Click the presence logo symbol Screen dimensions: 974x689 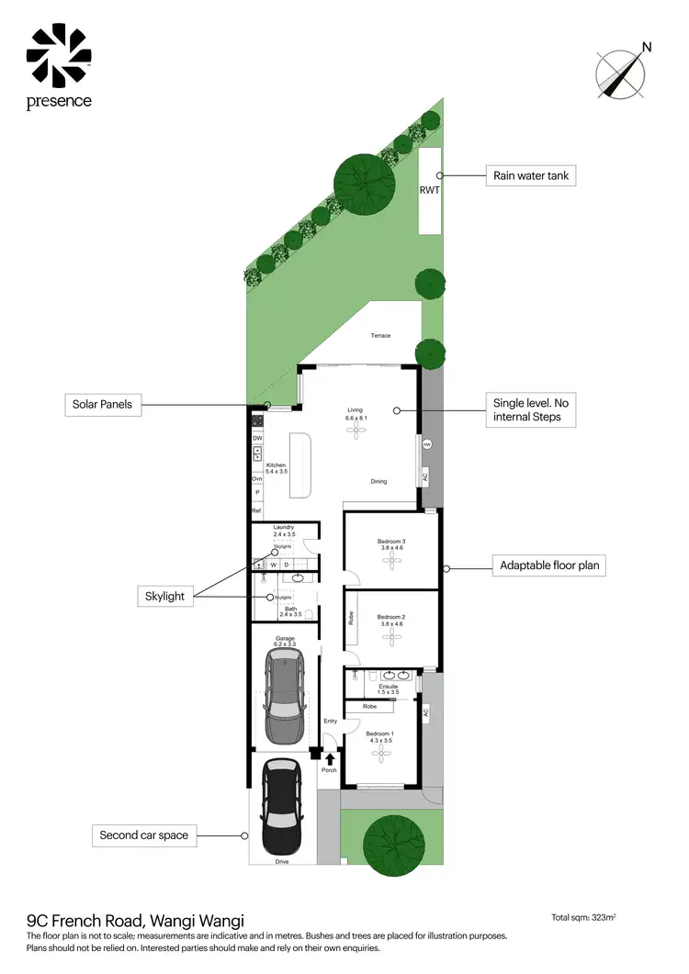coord(57,56)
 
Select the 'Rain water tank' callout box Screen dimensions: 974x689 coord(530,175)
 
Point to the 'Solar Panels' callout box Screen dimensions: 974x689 coord(104,404)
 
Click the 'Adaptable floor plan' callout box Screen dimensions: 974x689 coord(550,565)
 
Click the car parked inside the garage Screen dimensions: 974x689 coord(284,697)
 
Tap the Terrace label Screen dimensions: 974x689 coord(380,336)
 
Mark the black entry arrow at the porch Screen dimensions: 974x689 coord(330,758)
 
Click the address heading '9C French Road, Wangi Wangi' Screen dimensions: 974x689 coord(136,920)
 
